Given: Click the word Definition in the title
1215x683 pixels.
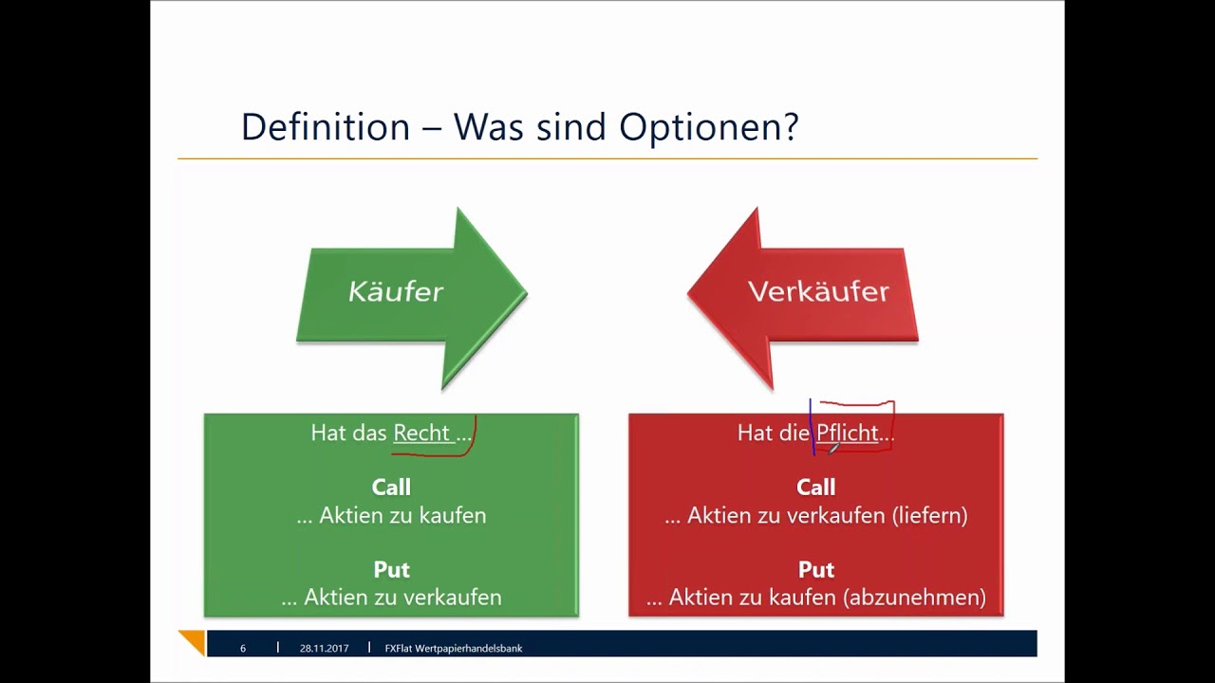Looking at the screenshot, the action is (326, 127).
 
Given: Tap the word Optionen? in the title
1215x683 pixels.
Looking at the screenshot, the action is (709, 128).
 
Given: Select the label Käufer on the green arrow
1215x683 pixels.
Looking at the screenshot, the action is (396, 291).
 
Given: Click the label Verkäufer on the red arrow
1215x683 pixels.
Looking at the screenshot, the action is (818, 291).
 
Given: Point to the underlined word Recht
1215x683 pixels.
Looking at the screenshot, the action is (421, 433).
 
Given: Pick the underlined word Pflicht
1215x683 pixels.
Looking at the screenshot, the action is (848, 433).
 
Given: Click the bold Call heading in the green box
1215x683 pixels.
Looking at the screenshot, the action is (391, 487).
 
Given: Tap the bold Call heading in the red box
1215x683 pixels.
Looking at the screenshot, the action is (815, 487).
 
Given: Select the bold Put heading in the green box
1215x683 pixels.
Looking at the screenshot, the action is (391, 569).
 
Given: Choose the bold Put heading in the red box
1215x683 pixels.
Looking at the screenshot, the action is (815, 569).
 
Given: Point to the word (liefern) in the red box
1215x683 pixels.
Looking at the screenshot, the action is (929, 515).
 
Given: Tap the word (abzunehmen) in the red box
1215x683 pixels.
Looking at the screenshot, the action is (914, 598).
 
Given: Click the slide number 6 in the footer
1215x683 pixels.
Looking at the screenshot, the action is (243, 648).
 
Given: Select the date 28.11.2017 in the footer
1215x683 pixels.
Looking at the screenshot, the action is (324, 648).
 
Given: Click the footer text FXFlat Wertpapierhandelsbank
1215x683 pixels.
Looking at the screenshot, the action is (454, 648).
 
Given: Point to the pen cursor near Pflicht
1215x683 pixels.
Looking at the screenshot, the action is (833, 448).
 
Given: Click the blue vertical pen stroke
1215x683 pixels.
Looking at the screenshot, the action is (812, 427).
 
